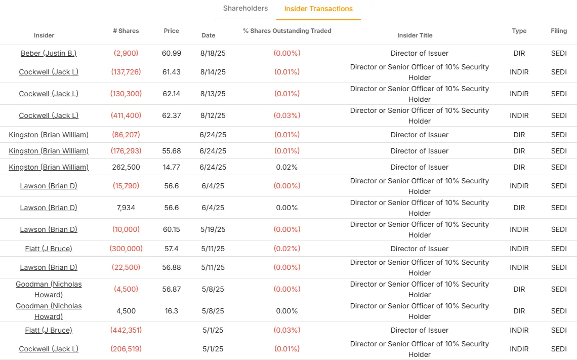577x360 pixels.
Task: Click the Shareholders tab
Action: pyautogui.click(x=245, y=9)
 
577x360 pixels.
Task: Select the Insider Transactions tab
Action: pyautogui.click(x=318, y=9)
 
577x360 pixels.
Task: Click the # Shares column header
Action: pyautogui.click(x=126, y=31)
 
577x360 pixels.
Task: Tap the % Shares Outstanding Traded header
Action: pyautogui.click(x=287, y=31)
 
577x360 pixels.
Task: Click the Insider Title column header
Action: pyautogui.click(x=415, y=35)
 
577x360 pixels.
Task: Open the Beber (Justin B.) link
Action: pyautogui.click(x=49, y=53)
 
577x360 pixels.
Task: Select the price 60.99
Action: pyautogui.click(x=172, y=53)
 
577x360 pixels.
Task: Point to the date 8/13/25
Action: pyautogui.click(x=213, y=94)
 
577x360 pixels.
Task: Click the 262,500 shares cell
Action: pyautogui.click(x=126, y=167)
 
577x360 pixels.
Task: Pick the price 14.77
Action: pyautogui.click(x=172, y=167)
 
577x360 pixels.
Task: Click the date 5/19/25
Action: pyautogui.click(x=213, y=229)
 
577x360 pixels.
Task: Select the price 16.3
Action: pyautogui.click(x=172, y=311)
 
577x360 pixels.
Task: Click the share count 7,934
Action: pyautogui.click(x=126, y=208)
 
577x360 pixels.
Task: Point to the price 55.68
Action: pyautogui.click(x=172, y=151)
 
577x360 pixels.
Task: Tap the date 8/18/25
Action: pyautogui.click(x=213, y=53)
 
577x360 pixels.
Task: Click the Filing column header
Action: pyautogui.click(x=559, y=31)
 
